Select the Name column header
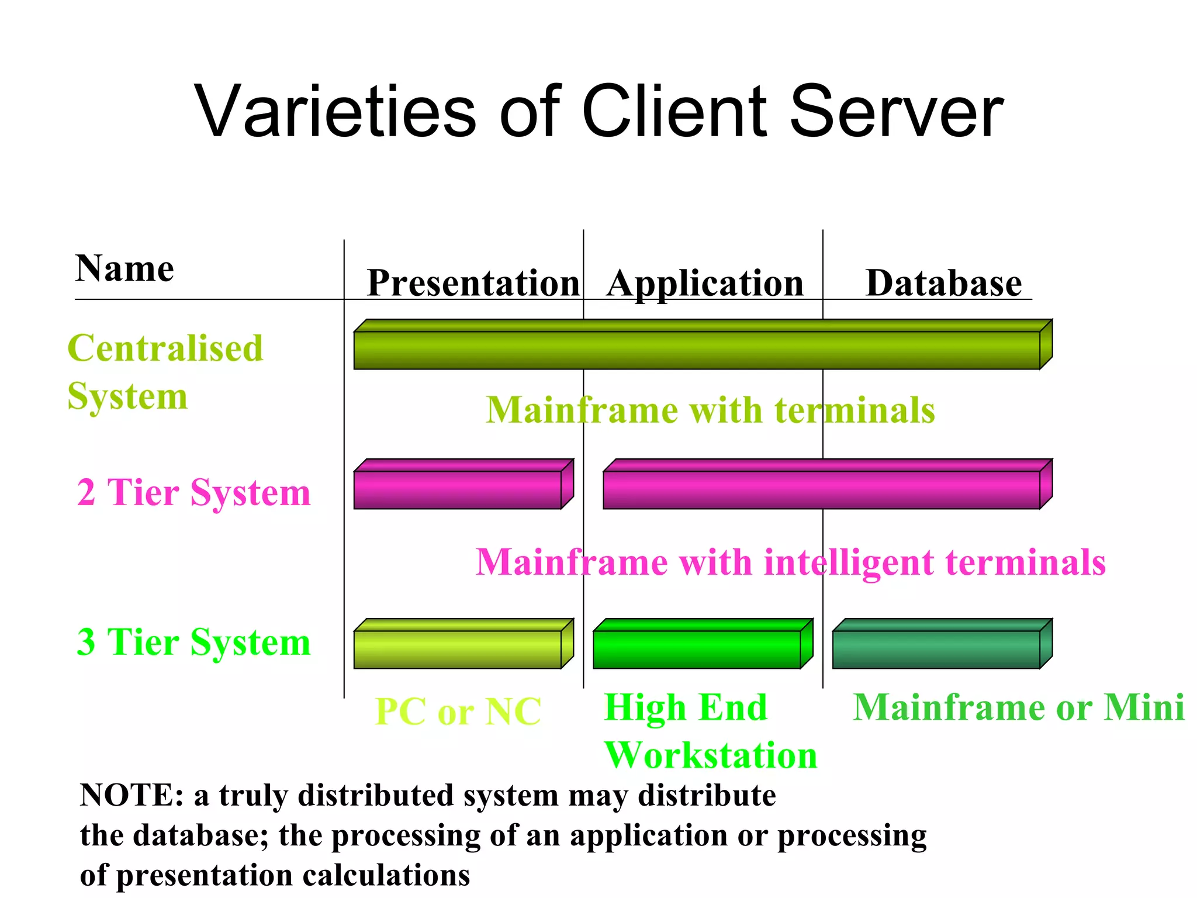click(x=124, y=269)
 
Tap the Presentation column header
click(x=473, y=284)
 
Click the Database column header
click(x=943, y=284)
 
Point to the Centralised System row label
click(x=165, y=372)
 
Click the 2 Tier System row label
click(x=193, y=492)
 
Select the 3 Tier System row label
click(x=193, y=642)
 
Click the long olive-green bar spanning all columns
click(x=697, y=350)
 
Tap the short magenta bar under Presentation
click(x=458, y=489)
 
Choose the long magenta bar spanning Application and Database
click(x=821, y=489)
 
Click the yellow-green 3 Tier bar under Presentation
click(x=458, y=649)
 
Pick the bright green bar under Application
click(x=697, y=649)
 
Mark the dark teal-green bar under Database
click(x=936, y=649)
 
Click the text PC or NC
click(x=458, y=712)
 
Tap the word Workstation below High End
click(x=711, y=755)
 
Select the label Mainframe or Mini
click(x=1018, y=707)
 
